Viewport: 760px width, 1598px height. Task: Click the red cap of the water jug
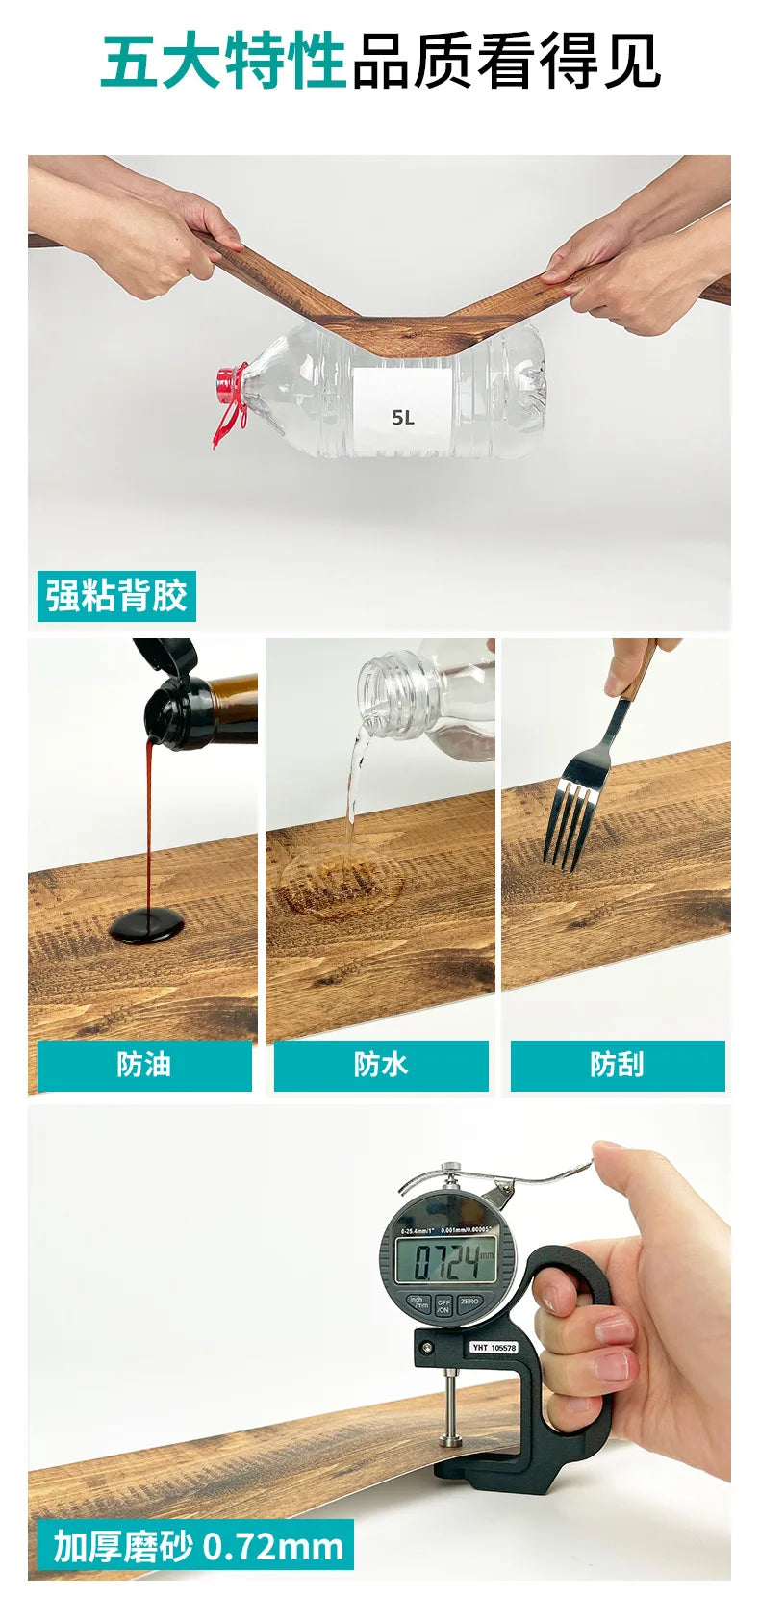coord(229,385)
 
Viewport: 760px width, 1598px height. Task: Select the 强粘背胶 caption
coord(116,596)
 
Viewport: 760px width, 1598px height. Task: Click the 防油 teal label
coord(144,1065)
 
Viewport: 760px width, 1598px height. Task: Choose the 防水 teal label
coord(381,1065)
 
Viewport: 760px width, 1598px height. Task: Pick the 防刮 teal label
coord(618,1065)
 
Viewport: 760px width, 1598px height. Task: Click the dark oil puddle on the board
coord(146,925)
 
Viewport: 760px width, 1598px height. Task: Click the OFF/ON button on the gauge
coord(443,1306)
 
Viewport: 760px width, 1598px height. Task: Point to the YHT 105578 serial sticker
coord(494,1347)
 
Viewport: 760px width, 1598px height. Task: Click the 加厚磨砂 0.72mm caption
coord(196,1546)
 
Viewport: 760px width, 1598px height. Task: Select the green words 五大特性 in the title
coord(223,62)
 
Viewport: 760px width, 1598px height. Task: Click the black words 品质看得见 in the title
coord(506,62)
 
